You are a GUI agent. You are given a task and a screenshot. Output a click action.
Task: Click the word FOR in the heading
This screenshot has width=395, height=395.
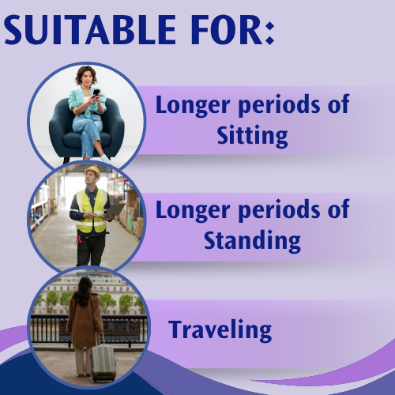pos(223,31)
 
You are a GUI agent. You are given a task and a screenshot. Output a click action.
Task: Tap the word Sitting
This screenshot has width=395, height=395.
pos(252,134)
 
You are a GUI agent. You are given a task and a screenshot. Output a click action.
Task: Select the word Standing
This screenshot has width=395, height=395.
pos(252,239)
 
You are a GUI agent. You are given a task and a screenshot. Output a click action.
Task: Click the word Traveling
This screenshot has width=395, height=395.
pos(220,329)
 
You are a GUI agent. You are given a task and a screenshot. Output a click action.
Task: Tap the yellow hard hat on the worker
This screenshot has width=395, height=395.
pos(92,171)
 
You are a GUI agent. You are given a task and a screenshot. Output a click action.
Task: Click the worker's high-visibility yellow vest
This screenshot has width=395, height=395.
pos(91,212)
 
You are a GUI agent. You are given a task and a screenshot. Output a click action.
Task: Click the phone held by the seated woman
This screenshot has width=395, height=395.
pos(96,92)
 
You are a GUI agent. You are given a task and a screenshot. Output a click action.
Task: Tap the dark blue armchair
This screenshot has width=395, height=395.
pos(60,126)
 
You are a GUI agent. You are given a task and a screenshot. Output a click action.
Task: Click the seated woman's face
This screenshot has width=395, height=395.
pos(85,77)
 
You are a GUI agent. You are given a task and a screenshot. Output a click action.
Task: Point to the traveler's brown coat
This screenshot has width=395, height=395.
pos(84,320)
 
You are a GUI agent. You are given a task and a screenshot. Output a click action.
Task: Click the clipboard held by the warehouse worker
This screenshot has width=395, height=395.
pos(113,209)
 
